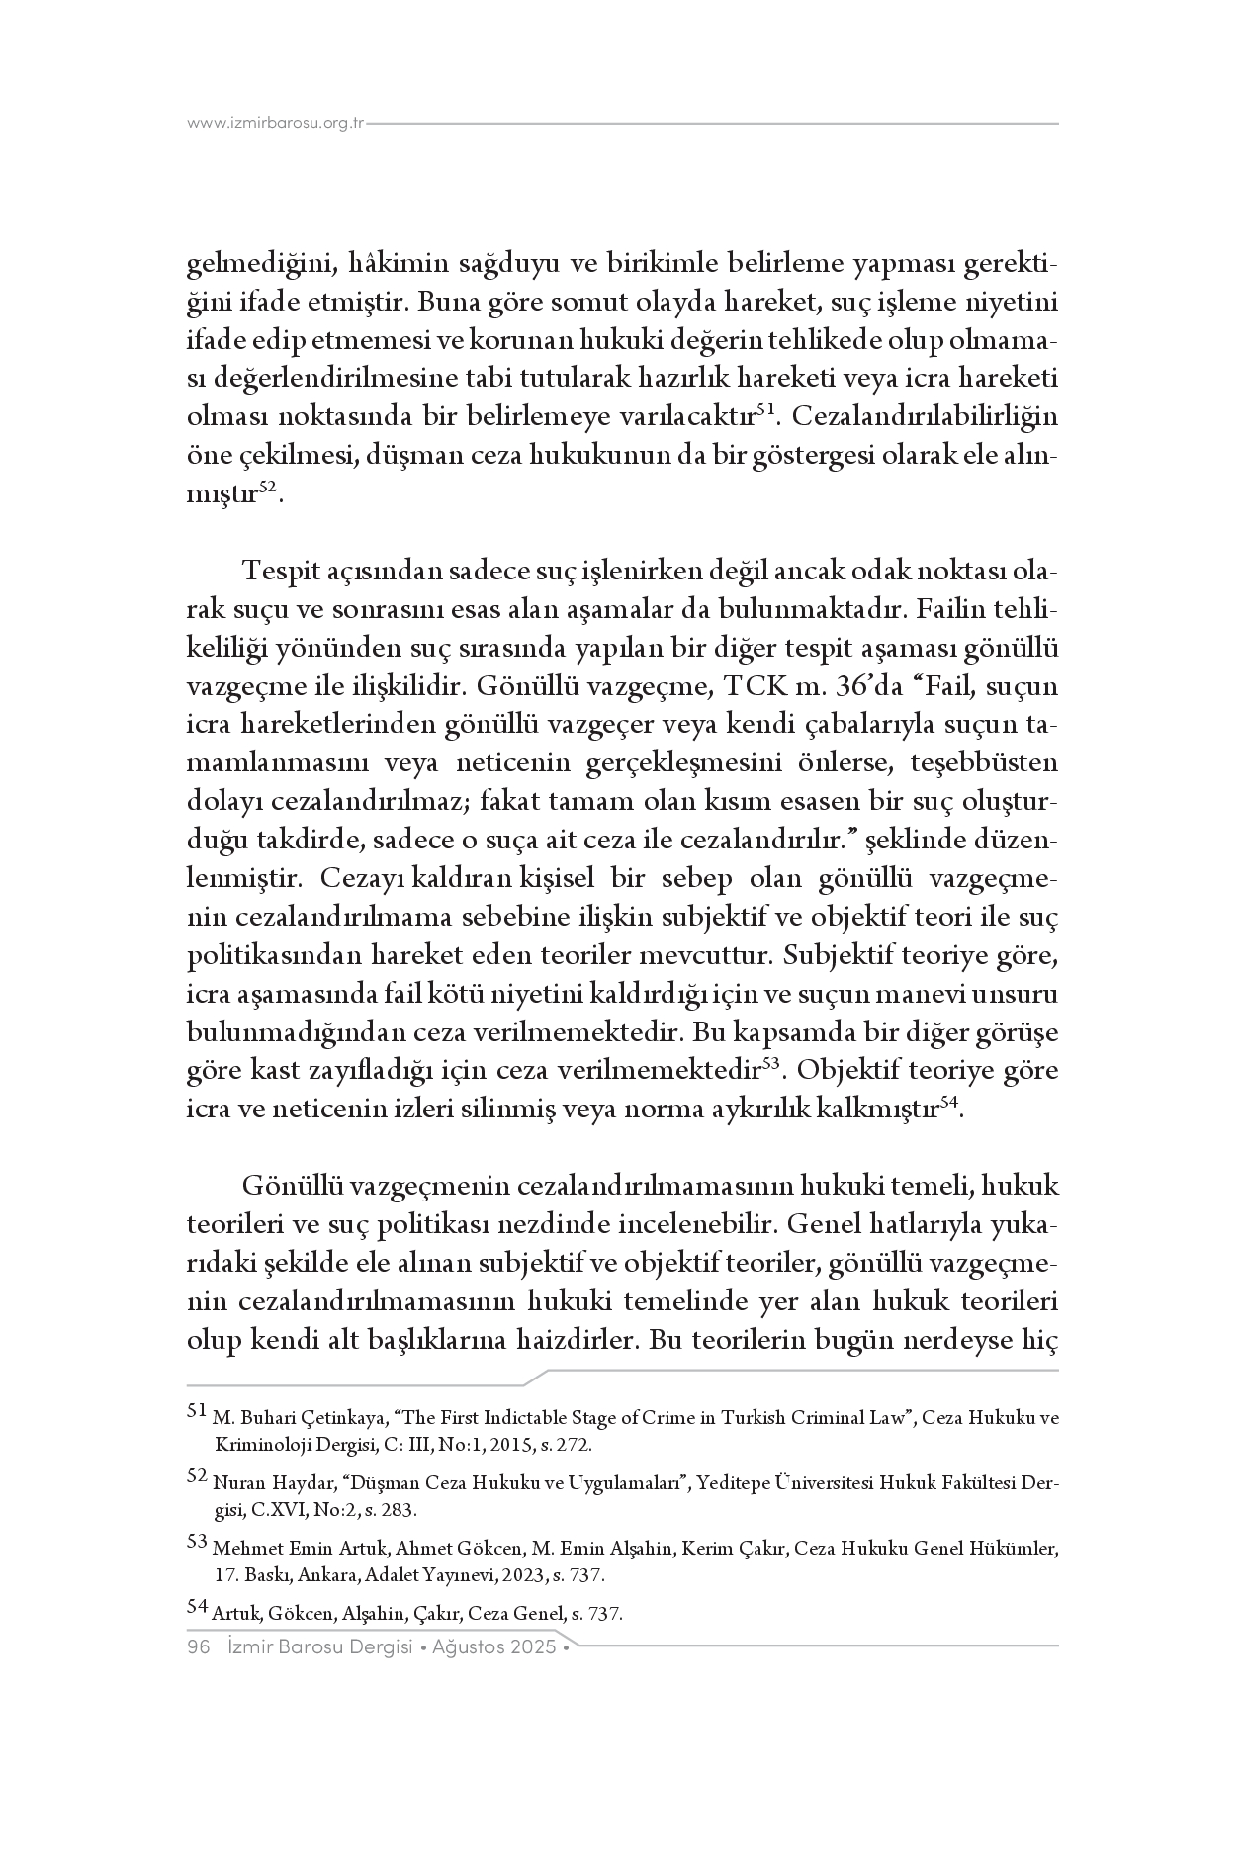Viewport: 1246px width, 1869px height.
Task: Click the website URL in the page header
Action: click(x=276, y=124)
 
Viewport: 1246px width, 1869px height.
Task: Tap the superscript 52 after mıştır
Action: click(x=267, y=487)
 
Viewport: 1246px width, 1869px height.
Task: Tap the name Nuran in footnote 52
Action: click(x=235, y=1484)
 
